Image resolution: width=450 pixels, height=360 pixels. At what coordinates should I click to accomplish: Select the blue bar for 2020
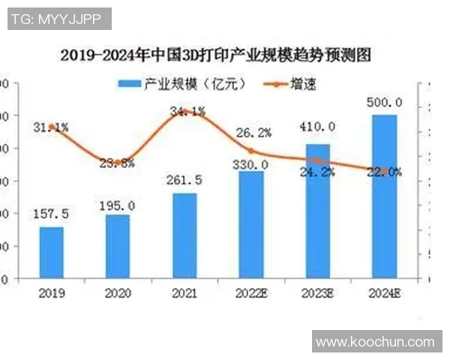[118, 247]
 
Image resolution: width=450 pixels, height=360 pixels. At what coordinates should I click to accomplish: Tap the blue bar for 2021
[184, 236]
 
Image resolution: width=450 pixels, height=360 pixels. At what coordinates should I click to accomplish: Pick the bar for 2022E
[252, 225]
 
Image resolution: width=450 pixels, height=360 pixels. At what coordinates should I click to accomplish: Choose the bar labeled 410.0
[318, 211]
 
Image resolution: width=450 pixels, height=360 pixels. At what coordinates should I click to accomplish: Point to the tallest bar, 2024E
[385, 196]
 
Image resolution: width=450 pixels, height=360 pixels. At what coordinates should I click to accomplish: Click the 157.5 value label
[52, 214]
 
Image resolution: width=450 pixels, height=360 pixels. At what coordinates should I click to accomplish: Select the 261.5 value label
[184, 181]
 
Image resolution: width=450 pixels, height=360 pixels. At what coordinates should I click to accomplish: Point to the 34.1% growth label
[188, 112]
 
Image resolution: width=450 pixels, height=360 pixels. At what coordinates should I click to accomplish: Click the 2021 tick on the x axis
[184, 292]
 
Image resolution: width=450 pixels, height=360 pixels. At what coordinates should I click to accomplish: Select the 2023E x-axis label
[319, 292]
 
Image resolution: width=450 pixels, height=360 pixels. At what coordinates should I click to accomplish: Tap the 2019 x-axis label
[52, 292]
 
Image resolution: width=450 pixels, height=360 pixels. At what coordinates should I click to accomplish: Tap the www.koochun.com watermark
[375, 342]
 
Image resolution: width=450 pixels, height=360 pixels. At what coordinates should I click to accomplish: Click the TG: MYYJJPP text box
[59, 19]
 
